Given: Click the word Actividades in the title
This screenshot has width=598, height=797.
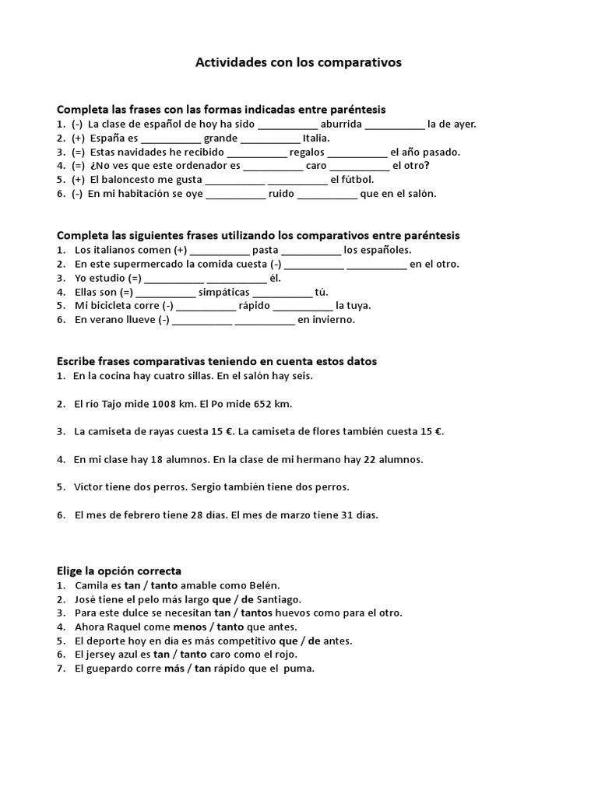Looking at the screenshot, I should coord(230,62).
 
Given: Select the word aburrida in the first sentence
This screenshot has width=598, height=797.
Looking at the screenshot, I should coord(341,124).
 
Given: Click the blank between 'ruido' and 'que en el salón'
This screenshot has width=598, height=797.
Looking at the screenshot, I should coord(327,195).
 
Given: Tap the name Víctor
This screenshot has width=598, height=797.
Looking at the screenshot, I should coord(90,487).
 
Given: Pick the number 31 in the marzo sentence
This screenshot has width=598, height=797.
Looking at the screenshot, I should coord(339,515).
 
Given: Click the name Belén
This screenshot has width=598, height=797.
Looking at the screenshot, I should coord(263,585).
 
